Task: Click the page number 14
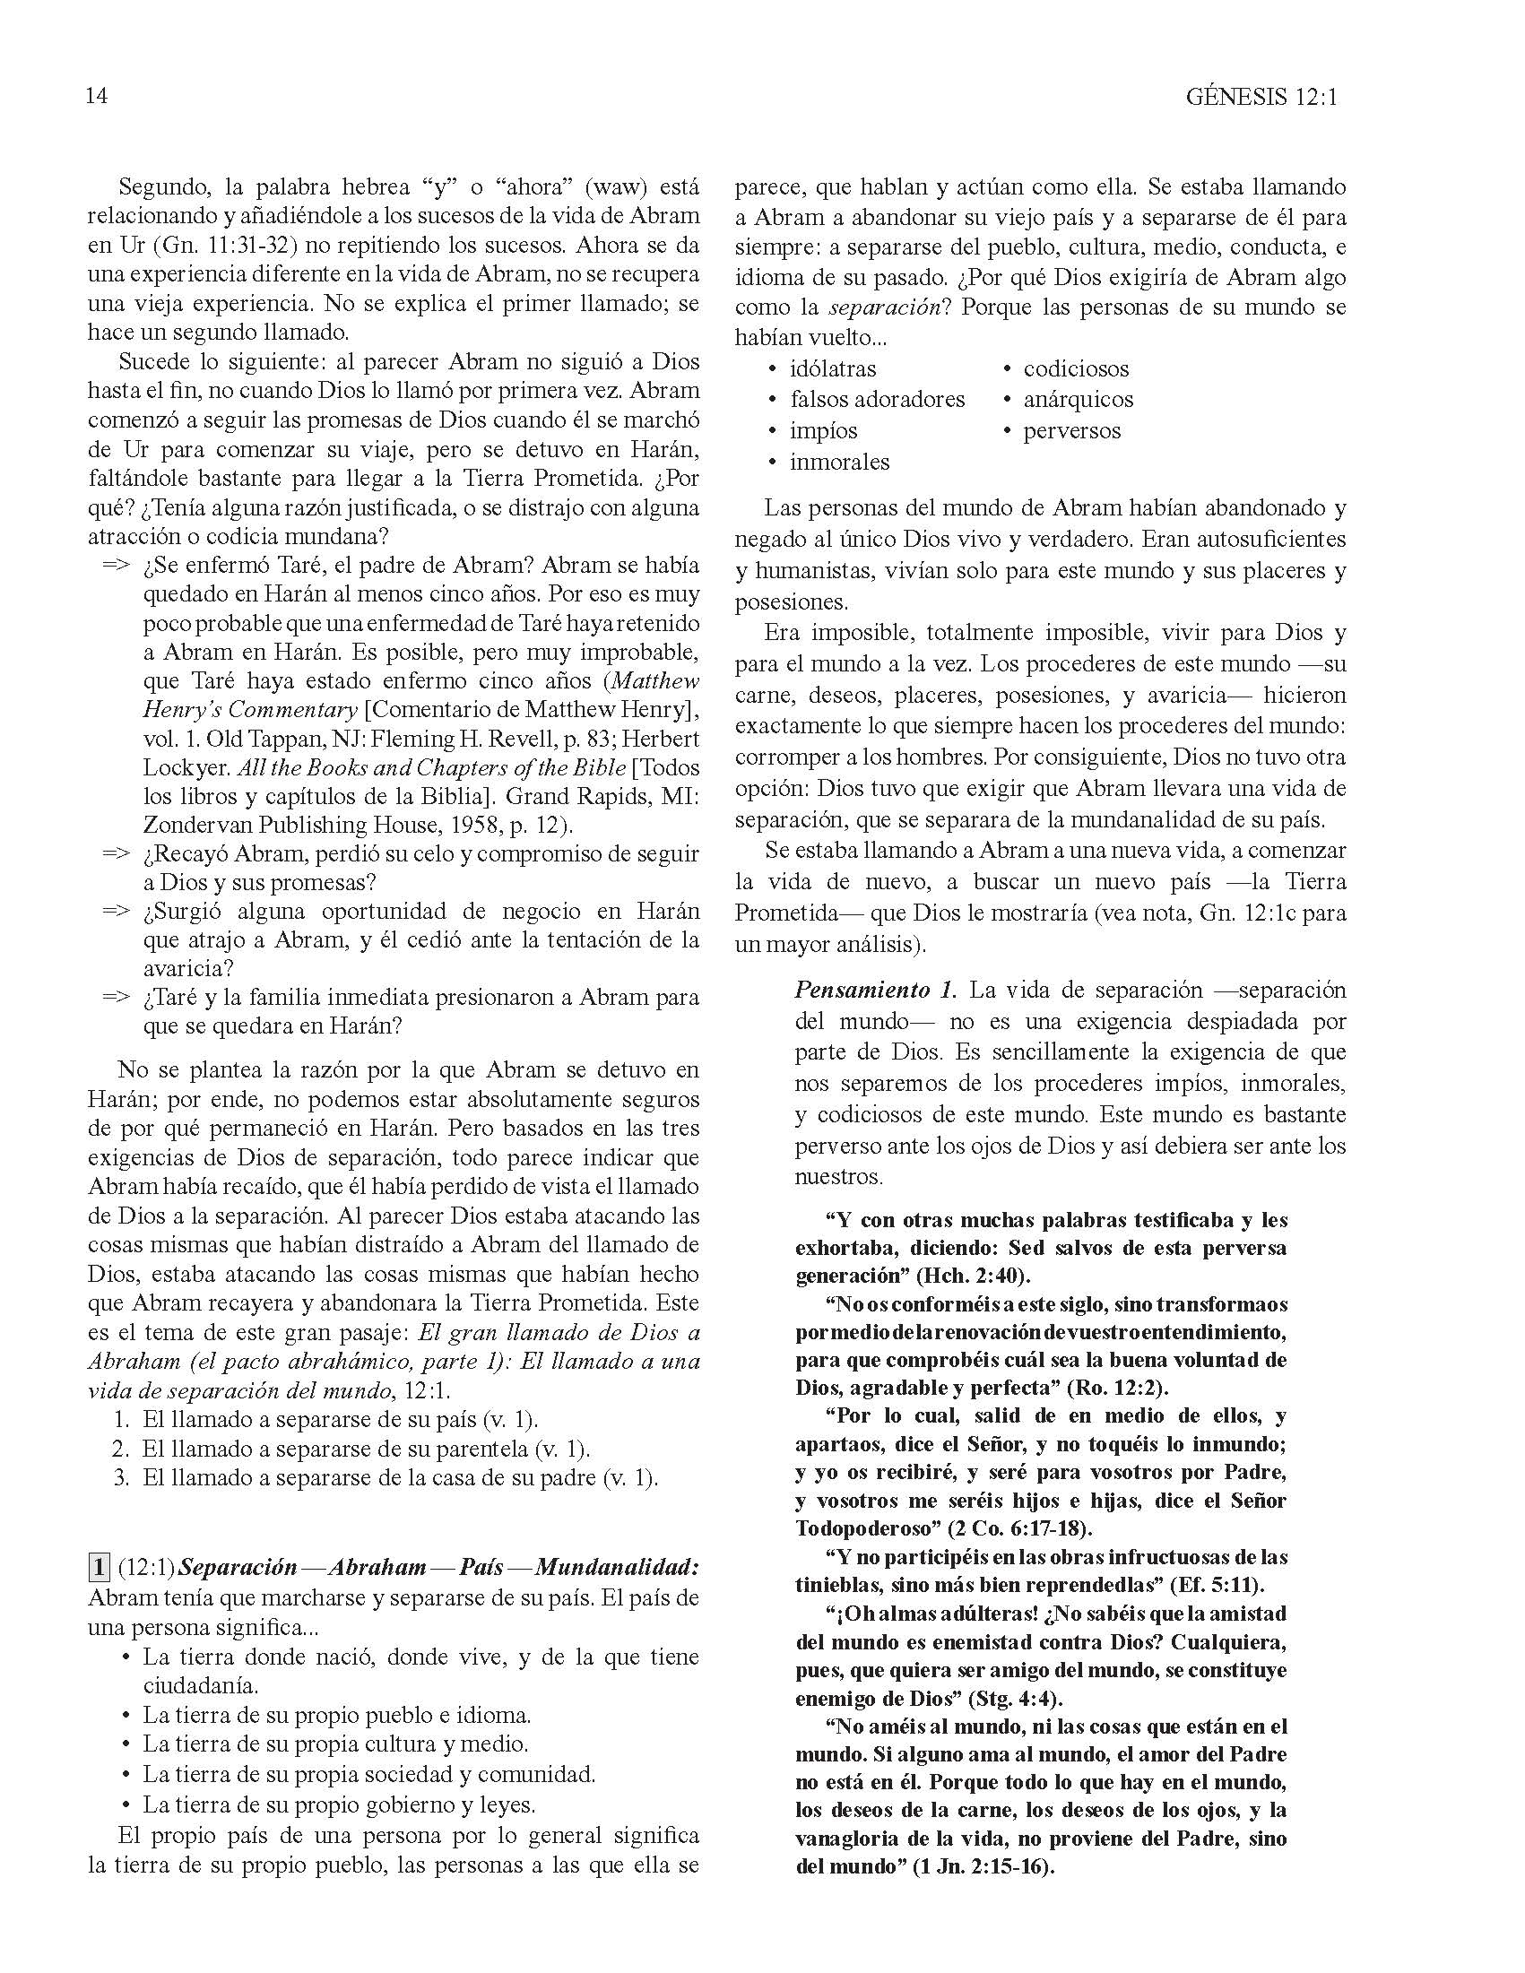tap(97, 96)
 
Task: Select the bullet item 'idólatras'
tap(832, 368)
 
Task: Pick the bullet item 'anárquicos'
tap(1078, 399)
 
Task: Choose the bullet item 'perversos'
tap(1071, 430)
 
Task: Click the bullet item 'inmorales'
tap(839, 462)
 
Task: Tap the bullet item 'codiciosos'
tap(1076, 368)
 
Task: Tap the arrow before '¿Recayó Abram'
tap(116, 852)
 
